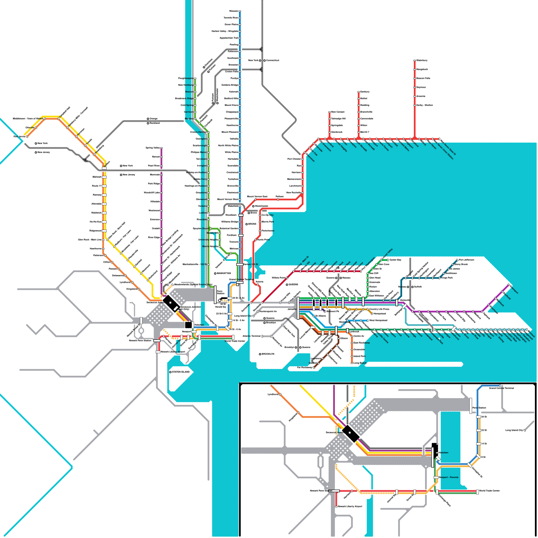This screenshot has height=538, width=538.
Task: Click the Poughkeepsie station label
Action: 186,78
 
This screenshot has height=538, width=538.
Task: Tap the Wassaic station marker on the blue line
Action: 240,11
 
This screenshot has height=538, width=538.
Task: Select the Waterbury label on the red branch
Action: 422,61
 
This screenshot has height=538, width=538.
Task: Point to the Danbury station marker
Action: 359,92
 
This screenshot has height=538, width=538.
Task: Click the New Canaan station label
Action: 338,112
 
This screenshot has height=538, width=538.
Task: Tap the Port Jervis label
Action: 19,137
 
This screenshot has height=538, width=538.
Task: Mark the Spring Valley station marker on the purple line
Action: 161,148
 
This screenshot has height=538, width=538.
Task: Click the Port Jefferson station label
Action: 466,260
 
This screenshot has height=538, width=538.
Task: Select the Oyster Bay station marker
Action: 382,260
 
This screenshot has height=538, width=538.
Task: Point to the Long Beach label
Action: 360,363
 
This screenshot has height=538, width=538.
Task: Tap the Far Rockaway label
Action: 305,368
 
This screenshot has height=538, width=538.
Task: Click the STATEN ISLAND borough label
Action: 181,372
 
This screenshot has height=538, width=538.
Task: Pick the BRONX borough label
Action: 252,224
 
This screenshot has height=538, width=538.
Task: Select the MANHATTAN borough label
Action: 224,273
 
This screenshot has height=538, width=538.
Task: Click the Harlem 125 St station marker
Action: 240,265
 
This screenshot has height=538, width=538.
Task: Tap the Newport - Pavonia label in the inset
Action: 449,477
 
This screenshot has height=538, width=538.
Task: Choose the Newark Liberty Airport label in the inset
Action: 350,506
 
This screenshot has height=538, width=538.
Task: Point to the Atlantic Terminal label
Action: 252,336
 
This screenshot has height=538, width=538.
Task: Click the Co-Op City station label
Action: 268,215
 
